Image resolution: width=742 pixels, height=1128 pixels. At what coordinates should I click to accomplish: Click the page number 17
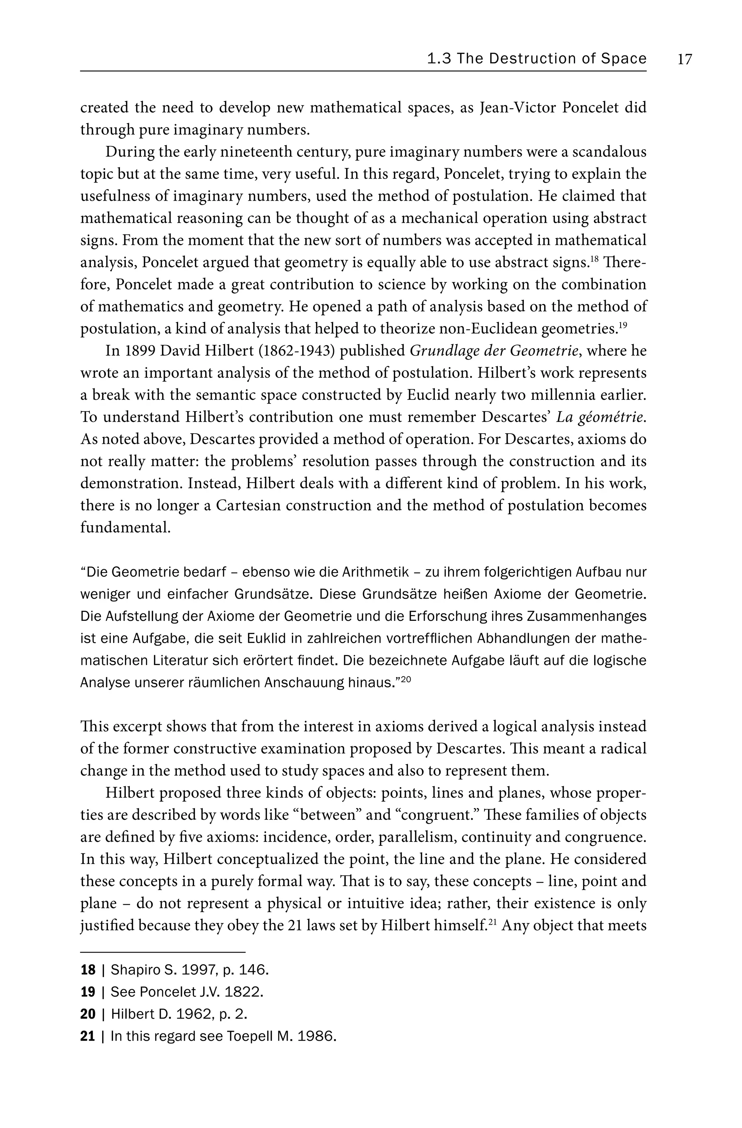(x=685, y=59)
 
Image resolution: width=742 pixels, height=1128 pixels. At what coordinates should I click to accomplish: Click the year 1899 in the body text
(x=138, y=351)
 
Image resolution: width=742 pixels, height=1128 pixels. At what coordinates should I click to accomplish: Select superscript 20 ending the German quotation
(x=405, y=679)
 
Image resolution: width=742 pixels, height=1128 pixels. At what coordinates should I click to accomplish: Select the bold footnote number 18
(x=88, y=970)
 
